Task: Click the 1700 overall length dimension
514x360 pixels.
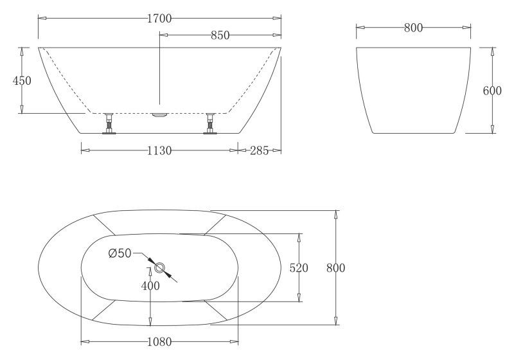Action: point(159,19)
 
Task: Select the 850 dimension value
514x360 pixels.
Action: point(220,36)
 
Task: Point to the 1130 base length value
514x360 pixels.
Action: point(159,150)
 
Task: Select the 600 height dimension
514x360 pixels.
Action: point(492,91)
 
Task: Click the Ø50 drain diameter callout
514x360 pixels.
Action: point(120,253)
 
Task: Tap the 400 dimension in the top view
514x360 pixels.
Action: point(150,286)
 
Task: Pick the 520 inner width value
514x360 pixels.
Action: point(299,268)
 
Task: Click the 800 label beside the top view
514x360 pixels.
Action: point(335,268)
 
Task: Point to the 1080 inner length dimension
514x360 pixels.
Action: point(159,341)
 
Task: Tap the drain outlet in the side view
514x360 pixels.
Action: point(159,115)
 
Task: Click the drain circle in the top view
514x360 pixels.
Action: point(159,267)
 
